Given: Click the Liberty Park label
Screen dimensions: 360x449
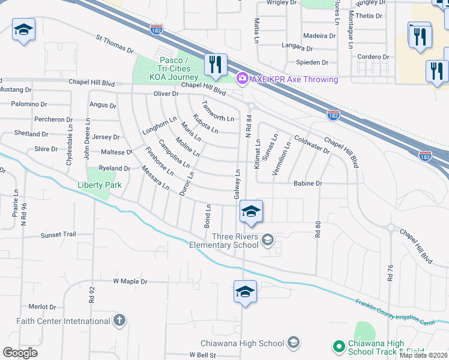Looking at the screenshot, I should pyautogui.click(x=99, y=185).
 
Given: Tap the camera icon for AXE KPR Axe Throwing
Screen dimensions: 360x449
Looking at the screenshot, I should pyautogui.click(x=241, y=78).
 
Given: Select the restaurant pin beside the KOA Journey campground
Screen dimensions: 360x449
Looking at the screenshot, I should pyautogui.click(x=215, y=65).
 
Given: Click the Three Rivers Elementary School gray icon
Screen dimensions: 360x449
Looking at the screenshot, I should pyautogui.click(x=268, y=240).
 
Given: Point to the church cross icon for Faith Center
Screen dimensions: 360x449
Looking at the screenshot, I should pyautogui.click(x=119, y=320).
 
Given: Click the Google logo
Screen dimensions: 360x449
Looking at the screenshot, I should pyautogui.click(x=20, y=353).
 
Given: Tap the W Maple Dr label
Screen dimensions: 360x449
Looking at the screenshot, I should pyautogui.click(x=130, y=281).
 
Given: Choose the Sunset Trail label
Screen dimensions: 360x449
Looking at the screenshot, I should pyautogui.click(x=58, y=235).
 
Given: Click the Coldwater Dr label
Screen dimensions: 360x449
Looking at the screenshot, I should pyautogui.click(x=312, y=145).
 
